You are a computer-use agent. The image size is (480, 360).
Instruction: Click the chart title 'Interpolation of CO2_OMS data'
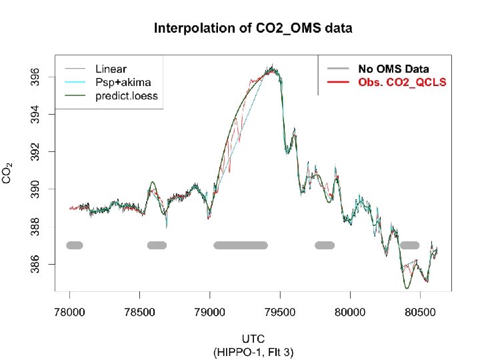(x=253, y=29)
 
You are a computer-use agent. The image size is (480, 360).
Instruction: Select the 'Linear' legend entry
(x=111, y=69)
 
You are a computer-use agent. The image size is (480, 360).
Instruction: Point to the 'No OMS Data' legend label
(x=393, y=69)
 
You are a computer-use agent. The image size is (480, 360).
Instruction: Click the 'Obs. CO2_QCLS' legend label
(x=402, y=82)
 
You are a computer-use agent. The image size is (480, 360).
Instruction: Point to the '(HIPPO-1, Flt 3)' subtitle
(x=253, y=352)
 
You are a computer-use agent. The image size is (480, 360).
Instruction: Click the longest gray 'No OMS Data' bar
(x=240, y=245)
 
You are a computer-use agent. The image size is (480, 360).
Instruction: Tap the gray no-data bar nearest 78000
(x=74, y=245)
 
